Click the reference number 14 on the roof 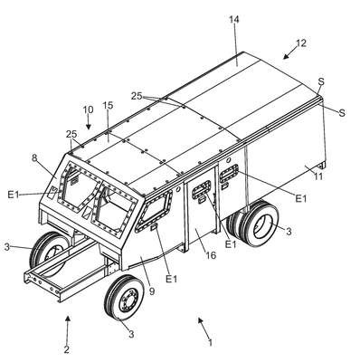pos(234,20)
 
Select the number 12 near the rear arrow pos(301,43)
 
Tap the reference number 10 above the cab pos(89,110)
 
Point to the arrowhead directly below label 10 pos(89,127)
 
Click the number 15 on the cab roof pos(108,105)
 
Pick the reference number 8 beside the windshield pos(34,158)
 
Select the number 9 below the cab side pos(152,291)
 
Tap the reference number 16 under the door pos(211,255)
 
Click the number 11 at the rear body pos(317,176)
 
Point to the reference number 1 pos(211,342)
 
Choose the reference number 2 pos(67,349)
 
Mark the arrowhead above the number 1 pos(200,320)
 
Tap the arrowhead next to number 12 pos(286,56)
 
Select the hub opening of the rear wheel pos(261,225)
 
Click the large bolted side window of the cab pos(155,211)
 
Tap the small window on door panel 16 pos(202,188)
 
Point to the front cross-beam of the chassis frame pos(42,284)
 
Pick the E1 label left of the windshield pos(13,195)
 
